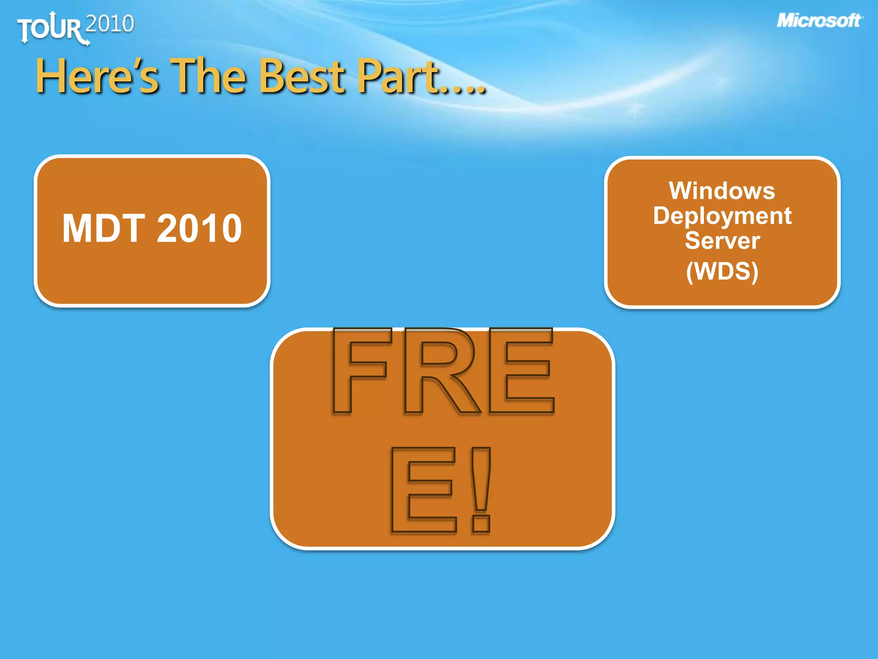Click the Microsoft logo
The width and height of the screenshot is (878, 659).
[819, 21]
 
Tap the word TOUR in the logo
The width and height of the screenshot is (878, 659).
[49, 29]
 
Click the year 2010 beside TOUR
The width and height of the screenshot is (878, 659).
[110, 24]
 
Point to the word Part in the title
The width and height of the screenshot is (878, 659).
[399, 77]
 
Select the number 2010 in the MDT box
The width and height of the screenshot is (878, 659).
[199, 228]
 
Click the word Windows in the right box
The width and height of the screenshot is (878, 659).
[722, 190]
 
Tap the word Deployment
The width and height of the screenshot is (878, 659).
[722, 216]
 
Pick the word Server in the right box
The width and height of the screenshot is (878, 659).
[722, 240]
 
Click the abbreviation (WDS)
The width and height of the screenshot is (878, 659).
[722, 271]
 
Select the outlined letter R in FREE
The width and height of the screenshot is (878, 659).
[439, 371]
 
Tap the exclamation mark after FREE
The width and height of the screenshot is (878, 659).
[481, 489]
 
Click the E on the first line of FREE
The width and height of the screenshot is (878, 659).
[521, 371]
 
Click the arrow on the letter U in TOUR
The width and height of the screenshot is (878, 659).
[52, 17]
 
